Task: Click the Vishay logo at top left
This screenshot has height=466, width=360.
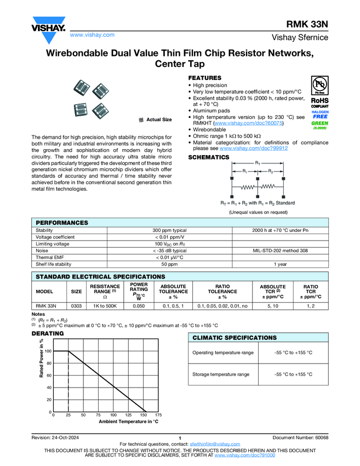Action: pyautogui.click(x=48, y=29)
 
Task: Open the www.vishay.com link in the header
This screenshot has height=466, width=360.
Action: pyautogui.click(x=92, y=35)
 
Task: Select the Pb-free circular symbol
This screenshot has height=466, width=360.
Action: pyautogui.click(x=320, y=86)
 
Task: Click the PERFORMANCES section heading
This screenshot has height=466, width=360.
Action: pyautogui.click(x=61, y=223)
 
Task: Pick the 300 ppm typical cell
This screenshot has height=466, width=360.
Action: pyautogui.click(x=169, y=231)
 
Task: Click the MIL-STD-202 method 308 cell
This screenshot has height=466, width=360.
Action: pyautogui.click(x=280, y=251)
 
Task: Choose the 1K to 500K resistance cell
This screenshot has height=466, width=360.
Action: pyautogui.click(x=105, y=306)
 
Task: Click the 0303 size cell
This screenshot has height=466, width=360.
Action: pyautogui.click(x=76, y=306)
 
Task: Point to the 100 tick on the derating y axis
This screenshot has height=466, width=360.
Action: pyautogui.click(x=48, y=351)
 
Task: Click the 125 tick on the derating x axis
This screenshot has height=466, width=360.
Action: pyautogui.click(x=128, y=415)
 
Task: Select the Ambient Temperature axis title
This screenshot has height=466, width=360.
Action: pyautogui.click(x=128, y=422)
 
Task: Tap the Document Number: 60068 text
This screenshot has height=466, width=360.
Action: pyautogui.click(x=300, y=437)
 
